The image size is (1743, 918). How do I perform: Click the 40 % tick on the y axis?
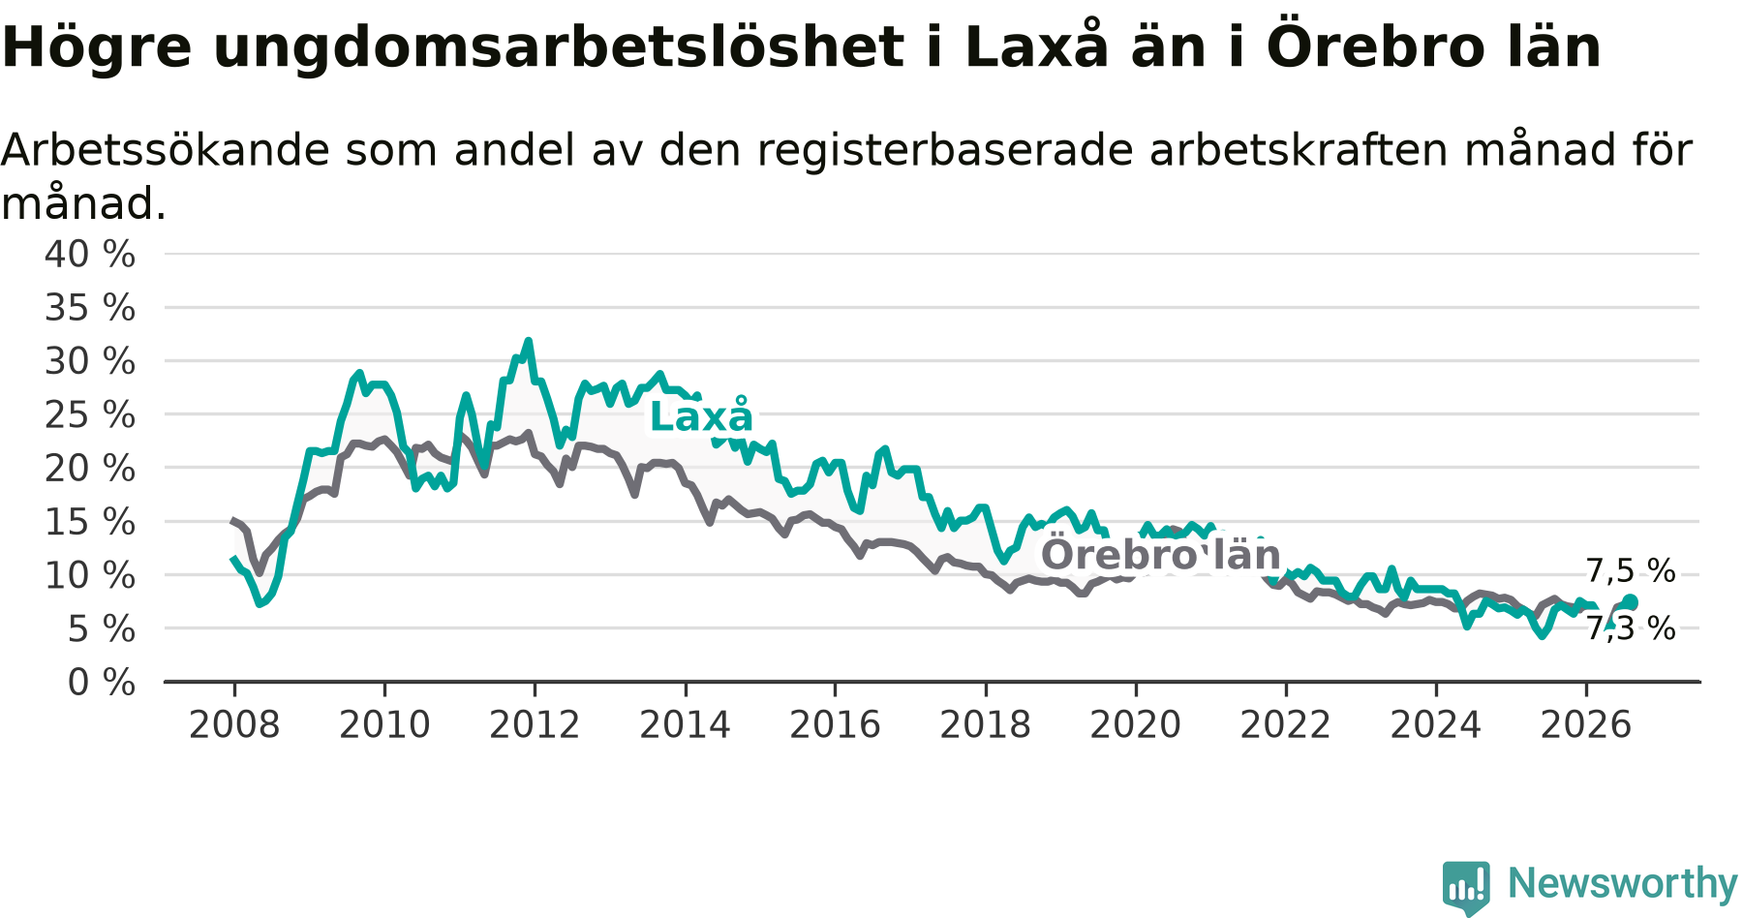click(90, 255)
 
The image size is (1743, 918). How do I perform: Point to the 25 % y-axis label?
click(90, 415)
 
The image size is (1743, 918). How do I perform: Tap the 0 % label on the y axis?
click(102, 683)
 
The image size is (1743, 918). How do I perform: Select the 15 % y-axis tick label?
click(90, 522)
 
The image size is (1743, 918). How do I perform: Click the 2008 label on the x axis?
click(234, 725)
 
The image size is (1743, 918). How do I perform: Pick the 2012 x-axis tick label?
click(535, 725)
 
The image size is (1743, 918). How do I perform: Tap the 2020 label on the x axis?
click(1136, 725)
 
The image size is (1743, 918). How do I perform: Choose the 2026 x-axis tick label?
click(1586, 725)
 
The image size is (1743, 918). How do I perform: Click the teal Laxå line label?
click(701, 416)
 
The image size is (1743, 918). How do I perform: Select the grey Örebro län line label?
click(1161, 555)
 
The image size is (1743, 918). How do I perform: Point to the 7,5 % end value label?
click(1631, 571)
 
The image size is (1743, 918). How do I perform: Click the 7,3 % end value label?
click(1631, 629)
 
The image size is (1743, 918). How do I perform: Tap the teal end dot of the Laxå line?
click(1630, 602)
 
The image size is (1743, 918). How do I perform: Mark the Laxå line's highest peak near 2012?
click(528, 341)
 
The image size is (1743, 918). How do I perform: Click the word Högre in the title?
click(98, 46)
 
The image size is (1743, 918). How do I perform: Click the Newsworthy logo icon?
click(1466, 887)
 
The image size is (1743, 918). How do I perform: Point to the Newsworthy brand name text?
click(1623, 883)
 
